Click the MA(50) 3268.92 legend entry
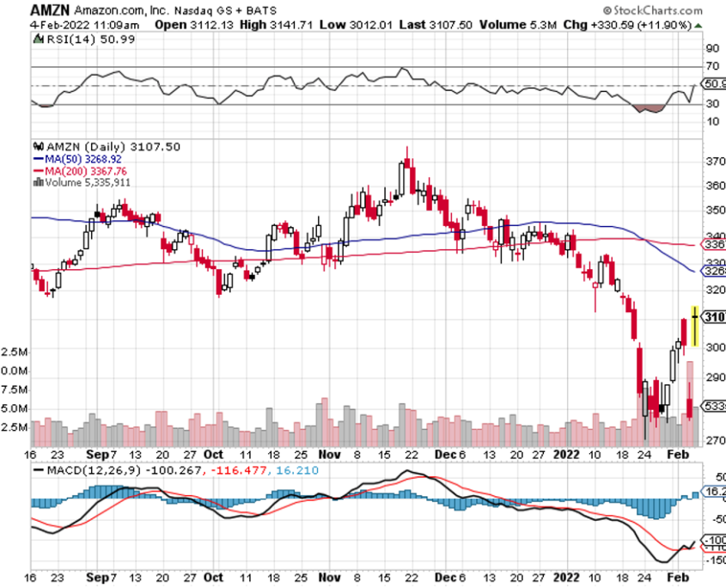point(80,159)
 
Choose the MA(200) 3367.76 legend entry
point(82,171)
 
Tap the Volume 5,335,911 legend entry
point(82,182)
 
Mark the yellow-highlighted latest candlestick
point(694,325)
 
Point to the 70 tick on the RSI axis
point(712,66)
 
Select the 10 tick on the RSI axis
point(712,121)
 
